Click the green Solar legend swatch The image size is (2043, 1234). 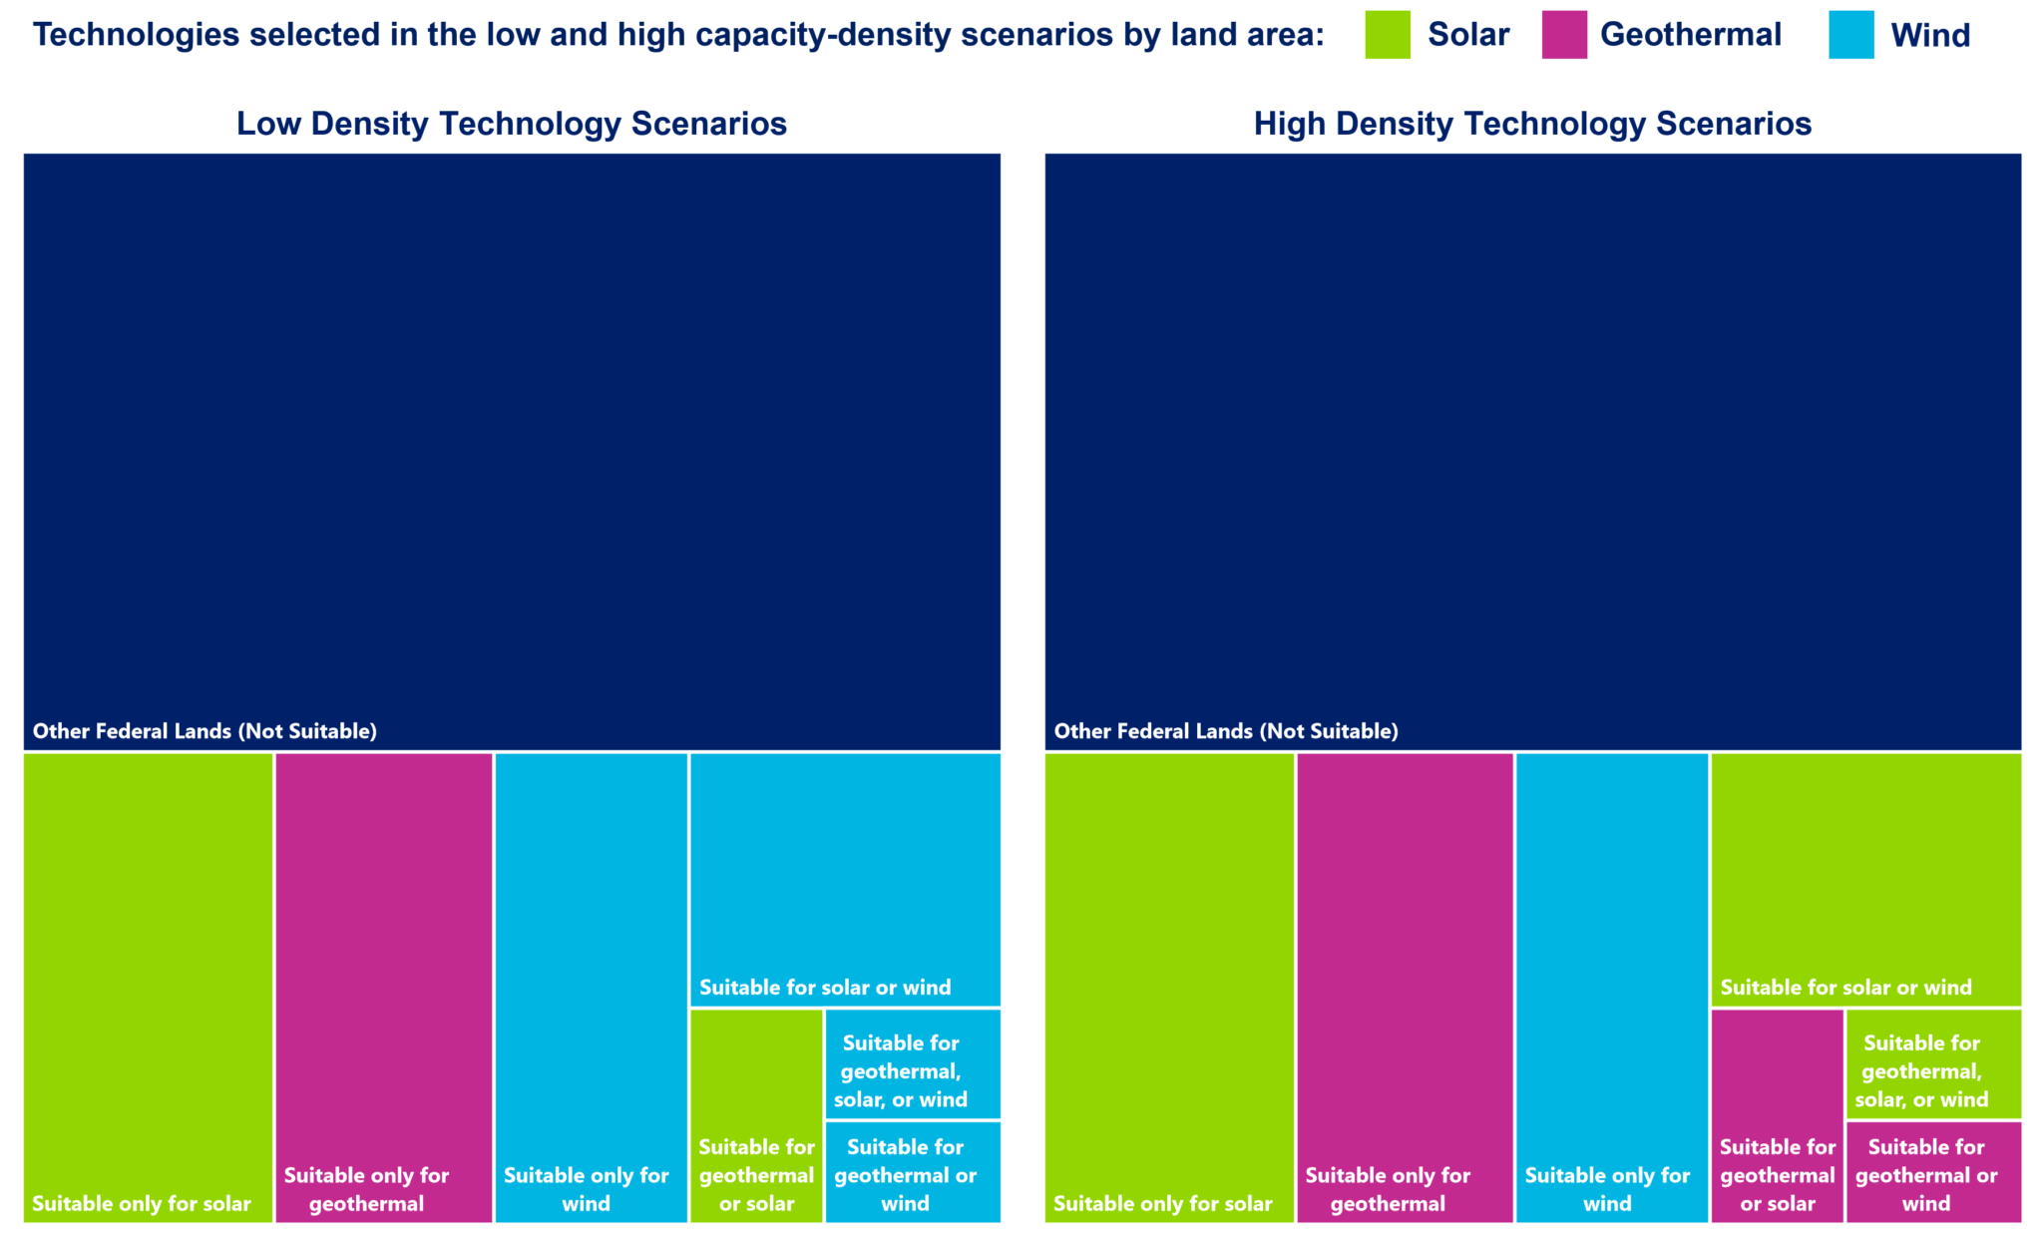[1387, 35]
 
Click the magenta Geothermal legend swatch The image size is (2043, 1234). [1563, 35]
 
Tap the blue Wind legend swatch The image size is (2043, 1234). [1850, 35]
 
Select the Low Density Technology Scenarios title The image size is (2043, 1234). [511, 124]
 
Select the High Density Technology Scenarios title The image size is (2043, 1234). [1532, 124]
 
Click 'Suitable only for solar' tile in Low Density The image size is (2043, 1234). [148, 987]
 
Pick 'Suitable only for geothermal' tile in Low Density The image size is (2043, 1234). [383, 987]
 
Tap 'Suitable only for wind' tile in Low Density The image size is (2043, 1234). [591, 987]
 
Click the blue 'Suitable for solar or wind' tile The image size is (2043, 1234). [845, 879]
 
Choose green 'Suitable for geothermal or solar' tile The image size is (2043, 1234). [756, 1114]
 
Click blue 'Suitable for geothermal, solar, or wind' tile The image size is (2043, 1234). [913, 1063]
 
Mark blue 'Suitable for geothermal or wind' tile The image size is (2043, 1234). [913, 1171]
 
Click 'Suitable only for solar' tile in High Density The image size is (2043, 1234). [1169, 987]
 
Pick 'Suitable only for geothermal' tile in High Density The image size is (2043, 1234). [1405, 987]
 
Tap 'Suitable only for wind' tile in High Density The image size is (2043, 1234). [1612, 987]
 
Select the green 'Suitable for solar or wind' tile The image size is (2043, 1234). [1866, 879]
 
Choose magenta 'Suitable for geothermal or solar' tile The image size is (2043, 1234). [1778, 1114]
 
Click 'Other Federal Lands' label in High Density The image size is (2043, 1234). [1226, 731]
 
